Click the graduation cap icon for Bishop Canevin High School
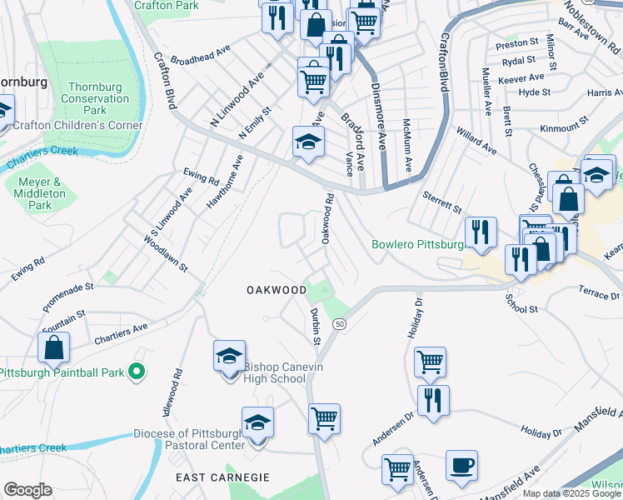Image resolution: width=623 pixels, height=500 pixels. (x=229, y=357)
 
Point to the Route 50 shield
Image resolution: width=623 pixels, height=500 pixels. (x=339, y=323)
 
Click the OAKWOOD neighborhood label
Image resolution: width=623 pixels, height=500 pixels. (x=277, y=290)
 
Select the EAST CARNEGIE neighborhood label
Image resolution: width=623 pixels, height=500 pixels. (x=222, y=477)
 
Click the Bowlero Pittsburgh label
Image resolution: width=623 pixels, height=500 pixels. (x=417, y=245)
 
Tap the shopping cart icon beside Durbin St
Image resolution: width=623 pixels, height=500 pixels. (x=324, y=418)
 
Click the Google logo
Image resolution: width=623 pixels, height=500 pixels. (x=27, y=490)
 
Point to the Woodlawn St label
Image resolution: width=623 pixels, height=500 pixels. (x=166, y=251)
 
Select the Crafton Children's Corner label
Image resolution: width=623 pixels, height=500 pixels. (x=78, y=126)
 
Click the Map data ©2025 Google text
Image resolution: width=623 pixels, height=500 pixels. (x=570, y=493)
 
